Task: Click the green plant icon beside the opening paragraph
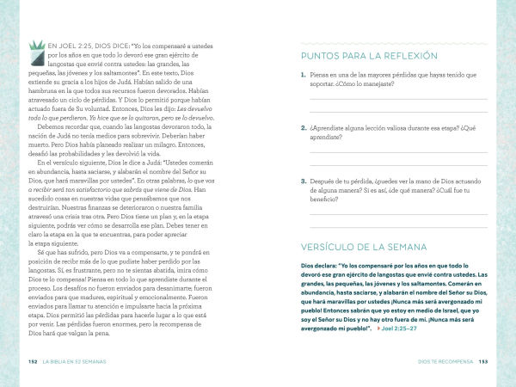tap(37, 52)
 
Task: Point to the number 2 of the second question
tap(304, 128)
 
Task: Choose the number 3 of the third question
tap(304, 181)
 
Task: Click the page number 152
tap(33, 360)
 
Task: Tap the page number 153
tap(483, 360)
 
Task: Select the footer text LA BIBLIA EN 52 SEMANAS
tap(79, 360)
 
